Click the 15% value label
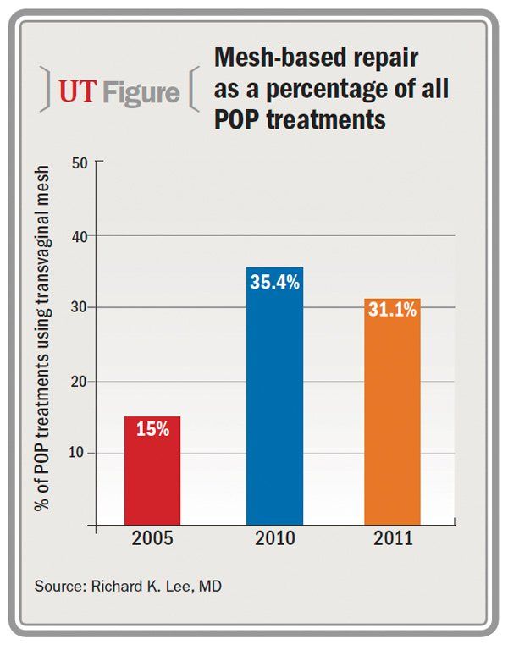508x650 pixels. pyautogui.click(x=152, y=429)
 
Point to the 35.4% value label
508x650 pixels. pyautogui.click(x=274, y=282)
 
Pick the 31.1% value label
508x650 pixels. pyautogui.click(x=392, y=311)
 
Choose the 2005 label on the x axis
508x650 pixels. pyautogui.click(x=152, y=539)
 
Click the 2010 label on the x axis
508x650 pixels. pyautogui.click(x=274, y=539)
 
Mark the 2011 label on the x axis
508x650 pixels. pyautogui.click(x=392, y=539)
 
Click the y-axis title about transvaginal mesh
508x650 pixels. pyautogui.click(x=42, y=339)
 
